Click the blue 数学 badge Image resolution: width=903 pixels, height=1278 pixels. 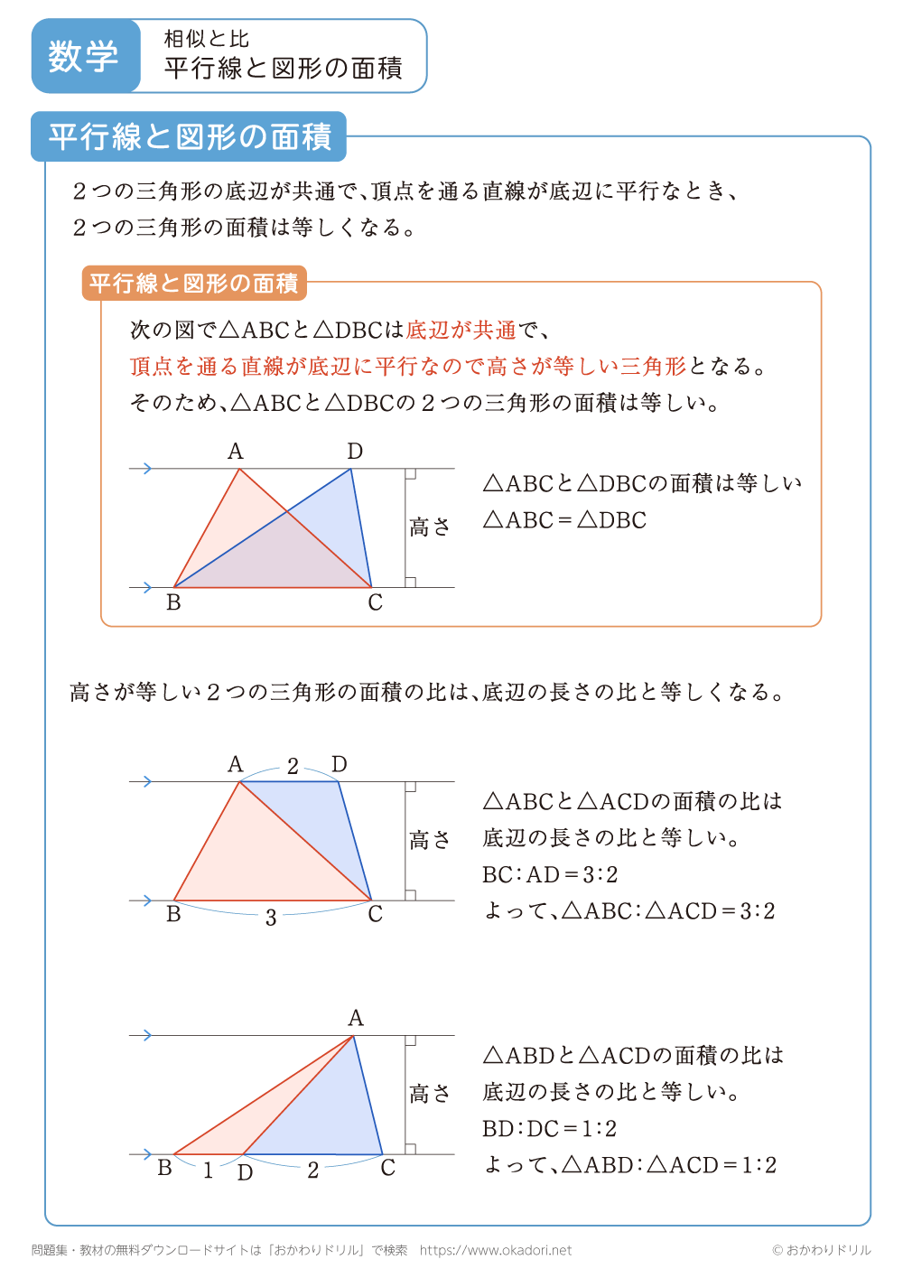click(x=84, y=56)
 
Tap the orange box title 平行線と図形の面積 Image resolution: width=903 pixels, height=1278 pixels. click(x=194, y=283)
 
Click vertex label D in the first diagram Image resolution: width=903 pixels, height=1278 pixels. click(x=355, y=452)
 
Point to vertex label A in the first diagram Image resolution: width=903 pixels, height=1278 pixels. click(x=236, y=452)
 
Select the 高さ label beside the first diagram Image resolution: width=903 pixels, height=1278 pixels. click(x=430, y=527)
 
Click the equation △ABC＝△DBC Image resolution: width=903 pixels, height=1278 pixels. click(x=565, y=520)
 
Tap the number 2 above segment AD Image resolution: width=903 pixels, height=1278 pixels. click(x=293, y=767)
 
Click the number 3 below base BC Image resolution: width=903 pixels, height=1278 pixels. click(x=271, y=919)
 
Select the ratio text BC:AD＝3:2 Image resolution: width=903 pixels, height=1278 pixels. click(x=550, y=874)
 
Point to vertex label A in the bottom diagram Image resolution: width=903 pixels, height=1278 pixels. click(x=356, y=1019)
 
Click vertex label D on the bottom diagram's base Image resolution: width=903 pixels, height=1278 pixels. click(x=245, y=1173)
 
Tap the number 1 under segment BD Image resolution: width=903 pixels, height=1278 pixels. click(x=208, y=1171)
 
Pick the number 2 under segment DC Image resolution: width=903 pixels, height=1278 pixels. click(x=312, y=1171)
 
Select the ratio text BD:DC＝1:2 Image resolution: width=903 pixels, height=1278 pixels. click(x=550, y=1128)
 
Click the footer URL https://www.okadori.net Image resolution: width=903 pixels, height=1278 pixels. click(x=496, y=1250)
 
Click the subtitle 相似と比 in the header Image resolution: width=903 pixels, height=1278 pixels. click(x=207, y=39)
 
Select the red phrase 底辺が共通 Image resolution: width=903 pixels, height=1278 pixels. click(x=461, y=330)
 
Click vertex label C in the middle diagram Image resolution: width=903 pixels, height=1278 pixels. click(x=376, y=915)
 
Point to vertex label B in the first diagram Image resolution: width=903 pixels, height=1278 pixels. click(x=173, y=603)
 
